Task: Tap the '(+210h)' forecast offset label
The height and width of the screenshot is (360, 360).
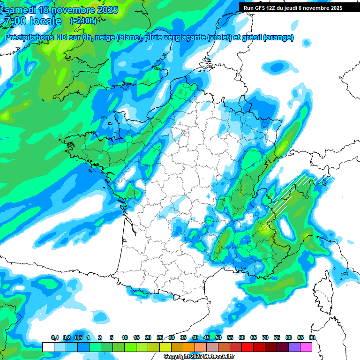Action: (83, 21)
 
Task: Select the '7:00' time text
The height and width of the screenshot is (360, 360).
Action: (15, 21)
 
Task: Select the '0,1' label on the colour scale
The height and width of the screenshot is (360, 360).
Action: (54, 338)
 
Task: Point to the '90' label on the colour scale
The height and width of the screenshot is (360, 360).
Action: (312, 338)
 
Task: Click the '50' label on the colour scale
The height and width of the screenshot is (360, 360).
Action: (218, 338)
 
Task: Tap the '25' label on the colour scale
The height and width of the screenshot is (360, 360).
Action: (160, 338)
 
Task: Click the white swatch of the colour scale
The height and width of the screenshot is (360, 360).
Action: (48, 347)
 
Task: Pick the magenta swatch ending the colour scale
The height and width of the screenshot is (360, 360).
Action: (306, 347)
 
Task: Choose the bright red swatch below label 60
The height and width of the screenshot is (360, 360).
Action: (247, 347)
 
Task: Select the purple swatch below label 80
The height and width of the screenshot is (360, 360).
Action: (294, 347)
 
